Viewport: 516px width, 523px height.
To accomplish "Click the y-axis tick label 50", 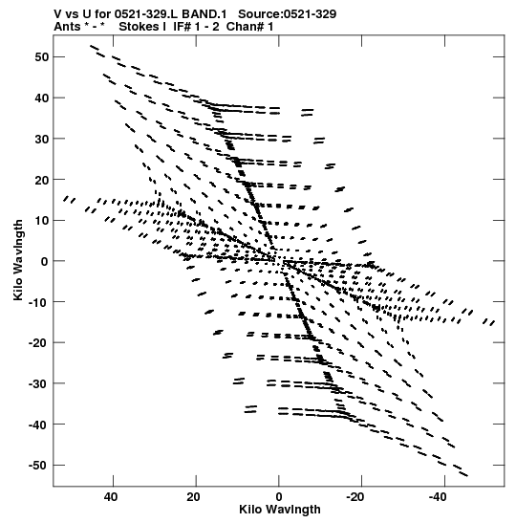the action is [x=41, y=57].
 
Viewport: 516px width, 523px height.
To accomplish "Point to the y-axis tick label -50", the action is [x=38, y=466].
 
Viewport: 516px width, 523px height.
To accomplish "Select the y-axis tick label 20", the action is [x=41, y=180].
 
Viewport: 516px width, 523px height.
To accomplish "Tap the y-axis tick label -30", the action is [x=38, y=383].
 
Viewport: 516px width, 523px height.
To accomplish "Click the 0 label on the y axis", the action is [x=45, y=261].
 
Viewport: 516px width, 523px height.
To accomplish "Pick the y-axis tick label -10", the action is [x=38, y=302].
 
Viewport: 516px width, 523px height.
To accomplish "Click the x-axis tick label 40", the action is [x=111, y=497].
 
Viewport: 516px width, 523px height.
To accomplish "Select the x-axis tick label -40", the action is [x=438, y=497].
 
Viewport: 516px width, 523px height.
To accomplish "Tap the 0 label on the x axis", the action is [x=279, y=497].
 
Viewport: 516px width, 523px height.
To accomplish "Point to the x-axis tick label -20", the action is [x=355, y=497].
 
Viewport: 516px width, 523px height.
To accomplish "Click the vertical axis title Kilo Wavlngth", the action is [x=18, y=260].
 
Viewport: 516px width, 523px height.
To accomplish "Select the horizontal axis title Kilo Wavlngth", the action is [x=280, y=510].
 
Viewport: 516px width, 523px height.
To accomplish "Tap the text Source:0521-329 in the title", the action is [x=288, y=14].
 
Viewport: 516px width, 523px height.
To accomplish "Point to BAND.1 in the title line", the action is [x=204, y=14].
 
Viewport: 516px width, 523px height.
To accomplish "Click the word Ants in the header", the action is [x=67, y=27].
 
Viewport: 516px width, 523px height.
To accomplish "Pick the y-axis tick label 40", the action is [x=41, y=98].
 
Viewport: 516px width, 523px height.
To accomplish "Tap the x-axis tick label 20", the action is [x=193, y=497].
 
